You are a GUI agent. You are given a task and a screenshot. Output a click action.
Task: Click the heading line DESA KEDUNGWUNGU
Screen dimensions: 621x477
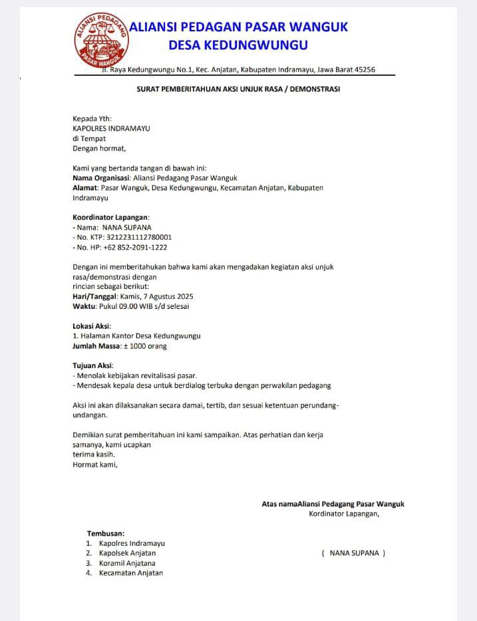pyautogui.click(x=238, y=45)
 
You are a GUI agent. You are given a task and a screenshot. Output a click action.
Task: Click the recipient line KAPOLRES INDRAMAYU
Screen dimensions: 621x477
pyautogui.click(x=111, y=128)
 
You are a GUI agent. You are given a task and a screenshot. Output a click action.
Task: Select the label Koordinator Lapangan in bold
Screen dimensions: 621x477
pyautogui.click(x=110, y=217)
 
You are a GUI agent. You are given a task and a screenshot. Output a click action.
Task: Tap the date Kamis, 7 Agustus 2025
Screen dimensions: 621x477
pyautogui.click(x=156, y=296)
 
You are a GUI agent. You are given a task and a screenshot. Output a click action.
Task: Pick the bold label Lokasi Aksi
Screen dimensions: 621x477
pyautogui.click(x=92, y=326)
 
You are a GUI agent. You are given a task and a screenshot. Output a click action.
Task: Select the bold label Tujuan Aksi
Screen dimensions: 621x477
pyautogui.click(x=92, y=365)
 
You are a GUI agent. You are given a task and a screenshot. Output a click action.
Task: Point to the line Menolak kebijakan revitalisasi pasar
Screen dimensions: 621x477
pyautogui.click(x=136, y=375)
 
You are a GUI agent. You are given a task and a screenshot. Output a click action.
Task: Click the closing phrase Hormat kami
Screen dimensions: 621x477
pyautogui.click(x=94, y=465)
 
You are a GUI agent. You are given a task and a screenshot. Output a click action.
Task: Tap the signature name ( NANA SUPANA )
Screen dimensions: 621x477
pyautogui.click(x=353, y=553)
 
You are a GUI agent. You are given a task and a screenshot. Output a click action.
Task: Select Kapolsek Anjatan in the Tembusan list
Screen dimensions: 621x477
pyautogui.click(x=127, y=553)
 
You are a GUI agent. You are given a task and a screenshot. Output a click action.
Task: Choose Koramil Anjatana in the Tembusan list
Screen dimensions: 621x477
pyautogui.click(x=127, y=563)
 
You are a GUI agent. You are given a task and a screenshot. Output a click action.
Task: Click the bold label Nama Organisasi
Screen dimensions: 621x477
pyautogui.click(x=102, y=178)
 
